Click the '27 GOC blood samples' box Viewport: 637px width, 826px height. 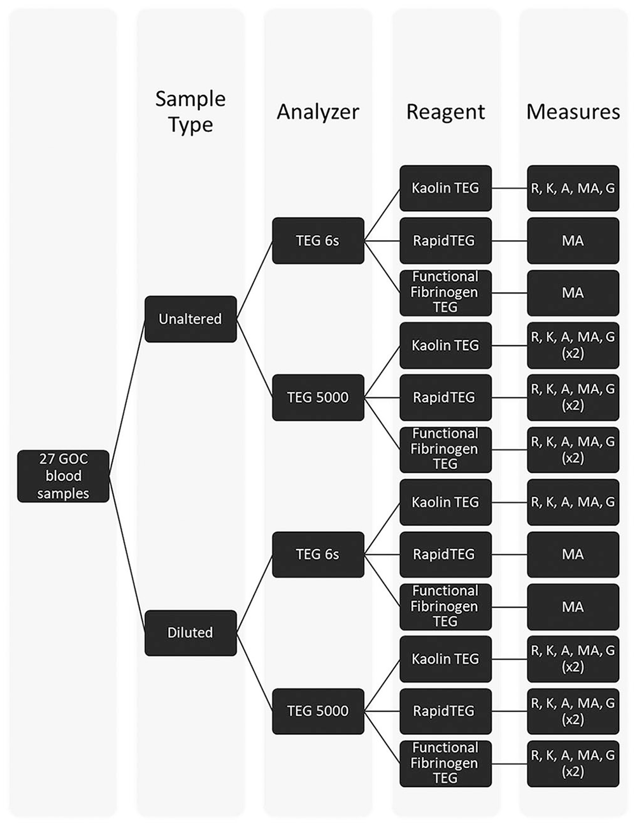click(63, 476)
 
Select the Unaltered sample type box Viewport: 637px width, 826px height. click(190, 319)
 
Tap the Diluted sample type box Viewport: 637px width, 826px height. click(190, 633)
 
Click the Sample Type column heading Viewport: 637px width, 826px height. click(190, 111)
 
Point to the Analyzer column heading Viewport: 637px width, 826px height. click(318, 112)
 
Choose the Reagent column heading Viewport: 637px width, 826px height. click(445, 112)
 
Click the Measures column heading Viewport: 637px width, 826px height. click(573, 112)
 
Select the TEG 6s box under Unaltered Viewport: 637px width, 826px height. click(318, 241)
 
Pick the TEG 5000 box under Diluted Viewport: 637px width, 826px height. click(318, 711)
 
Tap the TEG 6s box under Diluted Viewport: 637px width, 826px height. click(318, 555)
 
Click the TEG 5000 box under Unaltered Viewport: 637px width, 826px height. click(318, 397)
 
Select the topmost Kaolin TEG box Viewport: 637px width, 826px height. click(445, 188)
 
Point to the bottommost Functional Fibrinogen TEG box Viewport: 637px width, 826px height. click(445, 764)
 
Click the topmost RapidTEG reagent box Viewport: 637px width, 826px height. click(445, 241)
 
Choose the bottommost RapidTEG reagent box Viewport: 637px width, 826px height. click(445, 711)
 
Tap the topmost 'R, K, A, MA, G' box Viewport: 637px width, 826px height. click(573, 188)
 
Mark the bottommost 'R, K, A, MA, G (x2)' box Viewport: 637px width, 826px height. click(573, 764)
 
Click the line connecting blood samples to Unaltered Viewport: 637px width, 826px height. click(127, 397)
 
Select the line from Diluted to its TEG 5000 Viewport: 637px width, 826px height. click(254, 672)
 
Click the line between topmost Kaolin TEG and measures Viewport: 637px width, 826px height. click(510, 188)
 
